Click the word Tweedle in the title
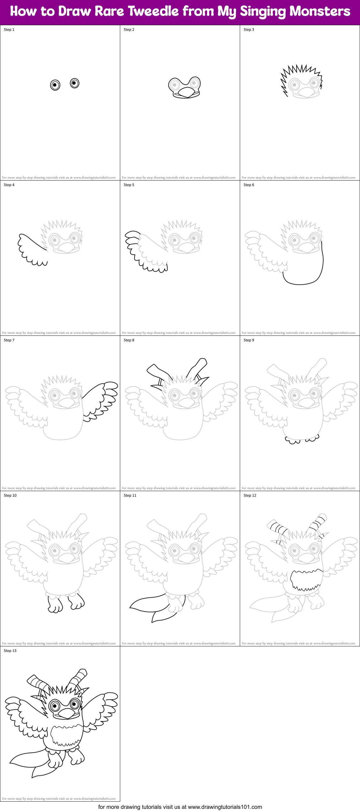pyautogui.click(x=154, y=11)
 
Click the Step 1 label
pyautogui.click(x=9, y=30)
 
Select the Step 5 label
pyautogui.click(x=129, y=185)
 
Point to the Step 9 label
pyautogui.click(x=249, y=340)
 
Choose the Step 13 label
pyautogui.click(x=10, y=651)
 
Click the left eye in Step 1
pyautogui.click(x=55, y=85)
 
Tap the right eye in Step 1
pyautogui.click(x=75, y=83)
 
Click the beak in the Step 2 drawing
pyautogui.click(x=186, y=92)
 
